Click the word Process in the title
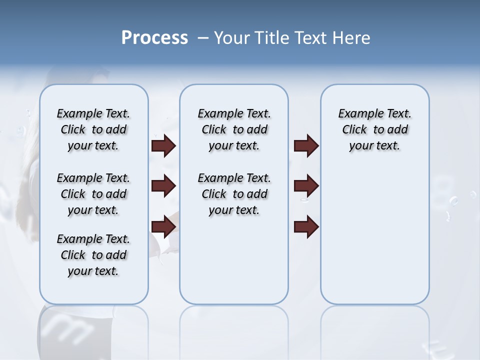pyautogui.click(x=154, y=37)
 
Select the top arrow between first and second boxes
pyautogui.click(x=163, y=145)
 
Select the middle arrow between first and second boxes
pyautogui.click(x=163, y=186)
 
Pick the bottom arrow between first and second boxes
pyautogui.click(x=163, y=226)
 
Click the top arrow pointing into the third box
pyautogui.click(x=306, y=145)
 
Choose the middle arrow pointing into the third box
pyautogui.click(x=306, y=186)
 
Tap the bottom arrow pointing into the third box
pyautogui.click(x=306, y=226)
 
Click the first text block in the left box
pyautogui.click(x=93, y=129)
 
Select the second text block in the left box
pyautogui.click(x=93, y=194)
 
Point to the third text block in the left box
pyautogui.click(x=93, y=255)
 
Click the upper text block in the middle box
pyautogui.click(x=234, y=129)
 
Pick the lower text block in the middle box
pyautogui.click(x=234, y=194)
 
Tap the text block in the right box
pyautogui.click(x=374, y=129)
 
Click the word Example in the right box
pyautogui.click(x=356, y=114)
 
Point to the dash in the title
pyautogui.click(x=203, y=38)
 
